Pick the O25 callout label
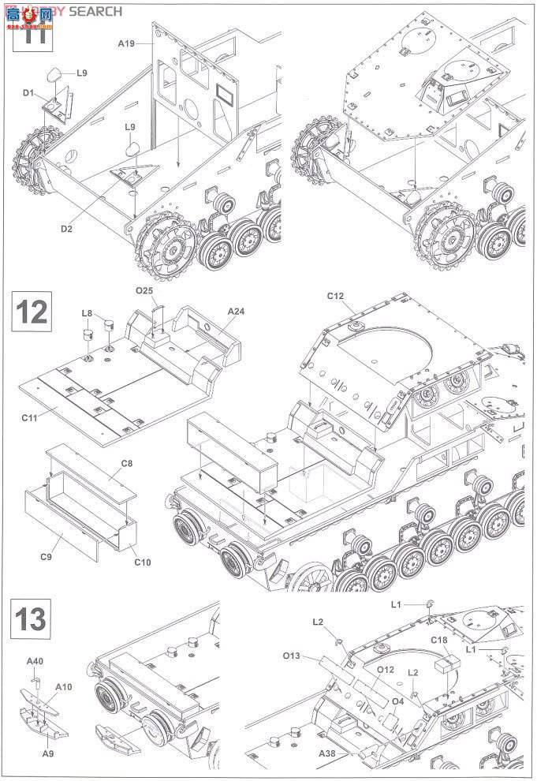(144, 290)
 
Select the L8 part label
(88, 313)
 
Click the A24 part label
(236, 312)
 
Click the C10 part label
(143, 562)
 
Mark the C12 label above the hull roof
(336, 296)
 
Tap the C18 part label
(439, 640)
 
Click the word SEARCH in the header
(95, 11)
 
